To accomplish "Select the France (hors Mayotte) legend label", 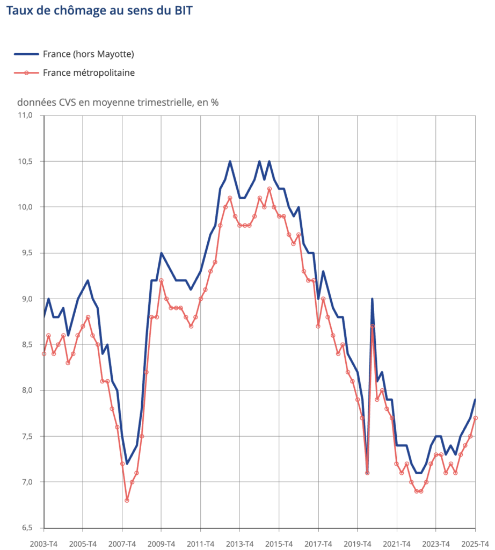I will pyautogui.click(x=88, y=54).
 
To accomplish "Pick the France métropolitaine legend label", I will pyautogui.click(x=89, y=73).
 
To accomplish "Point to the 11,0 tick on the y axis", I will pyautogui.click(x=26, y=115).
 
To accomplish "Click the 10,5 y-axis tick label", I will pyautogui.click(x=26, y=161).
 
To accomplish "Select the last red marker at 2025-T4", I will pyautogui.click(x=476, y=418).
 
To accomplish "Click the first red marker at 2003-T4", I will pyautogui.click(x=44, y=353).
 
